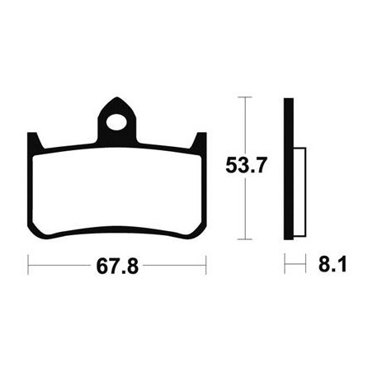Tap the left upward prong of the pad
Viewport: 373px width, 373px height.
(x=34, y=141)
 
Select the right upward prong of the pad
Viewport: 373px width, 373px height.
(x=200, y=141)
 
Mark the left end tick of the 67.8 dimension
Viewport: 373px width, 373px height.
(x=29, y=268)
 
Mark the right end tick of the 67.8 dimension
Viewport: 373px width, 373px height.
(x=205, y=268)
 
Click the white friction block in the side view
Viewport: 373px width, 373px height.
(x=298, y=185)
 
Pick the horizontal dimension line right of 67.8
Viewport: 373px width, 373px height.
(x=173, y=268)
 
